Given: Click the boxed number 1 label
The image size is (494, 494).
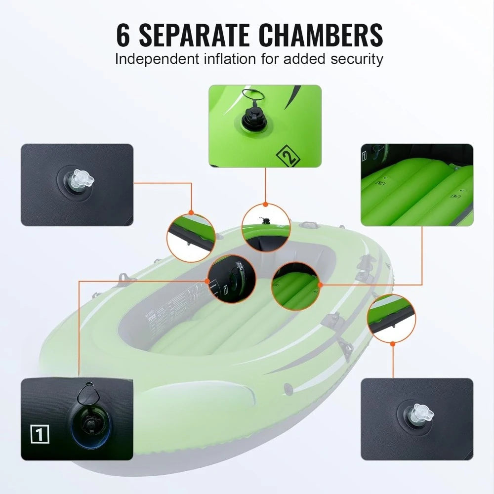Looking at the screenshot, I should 40,435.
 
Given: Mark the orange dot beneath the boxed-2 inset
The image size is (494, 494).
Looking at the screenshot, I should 265,204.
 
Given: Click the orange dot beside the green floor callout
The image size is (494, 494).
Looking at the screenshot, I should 320,285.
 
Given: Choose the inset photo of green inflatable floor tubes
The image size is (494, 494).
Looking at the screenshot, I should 417,185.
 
